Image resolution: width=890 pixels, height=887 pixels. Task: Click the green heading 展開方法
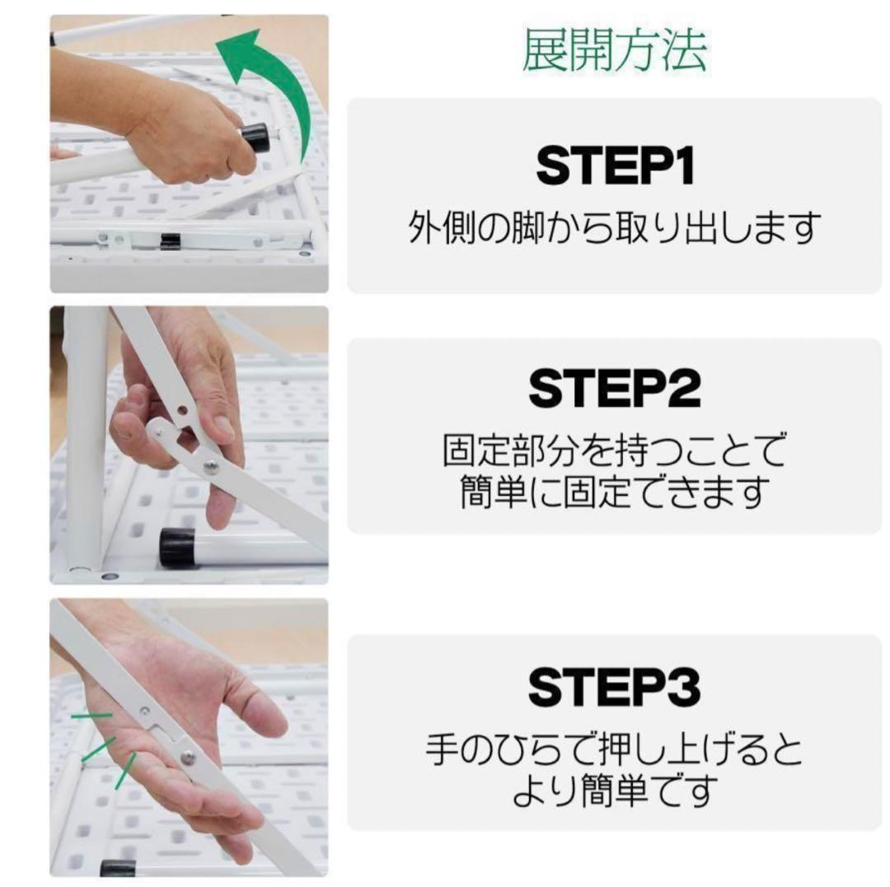coord(614,51)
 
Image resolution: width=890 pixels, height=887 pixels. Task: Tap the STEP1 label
coord(615,166)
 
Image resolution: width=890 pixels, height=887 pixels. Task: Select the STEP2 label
coord(615,389)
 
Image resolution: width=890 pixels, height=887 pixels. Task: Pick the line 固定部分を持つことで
coord(615,451)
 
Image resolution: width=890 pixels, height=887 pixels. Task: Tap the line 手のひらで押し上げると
coord(615,750)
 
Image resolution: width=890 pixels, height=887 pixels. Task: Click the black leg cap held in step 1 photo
coord(255,139)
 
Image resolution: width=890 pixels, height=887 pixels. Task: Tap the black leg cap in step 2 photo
coord(176,548)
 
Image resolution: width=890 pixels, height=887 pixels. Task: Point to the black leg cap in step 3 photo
coord(118,868)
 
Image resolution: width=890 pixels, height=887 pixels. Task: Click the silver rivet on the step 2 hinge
coord(212,466)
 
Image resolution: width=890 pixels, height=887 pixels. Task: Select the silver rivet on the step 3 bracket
coord(189,757)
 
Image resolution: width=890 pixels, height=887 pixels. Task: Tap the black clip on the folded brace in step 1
coord(170,240)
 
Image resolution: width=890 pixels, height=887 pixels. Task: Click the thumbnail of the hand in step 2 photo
coord(223,425)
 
